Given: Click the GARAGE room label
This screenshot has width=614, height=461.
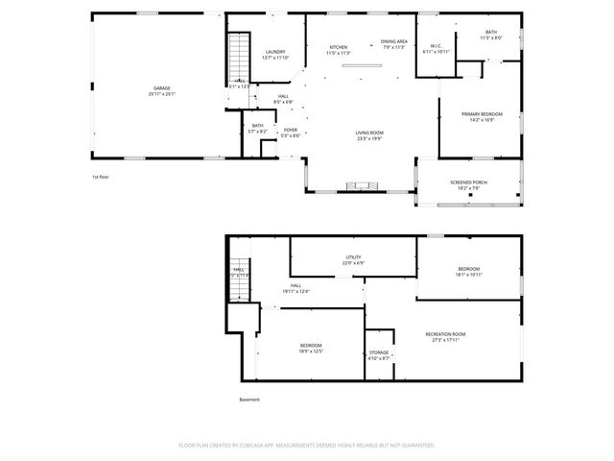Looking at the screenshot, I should (x=161, y=88).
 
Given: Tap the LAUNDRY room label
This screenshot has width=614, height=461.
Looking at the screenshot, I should (x=275, y=52).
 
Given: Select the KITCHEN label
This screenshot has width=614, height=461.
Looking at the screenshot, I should (x=339, y=47).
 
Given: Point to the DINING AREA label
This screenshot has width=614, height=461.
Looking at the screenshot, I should (x=394, y=42).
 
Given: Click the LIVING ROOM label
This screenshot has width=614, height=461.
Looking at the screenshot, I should (x=369, y=133).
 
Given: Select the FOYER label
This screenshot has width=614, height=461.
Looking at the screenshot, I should (x=290, y=131).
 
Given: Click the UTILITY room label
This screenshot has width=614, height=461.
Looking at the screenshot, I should (x=353, y=257).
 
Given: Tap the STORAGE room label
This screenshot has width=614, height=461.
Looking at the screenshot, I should (x=379, y=352).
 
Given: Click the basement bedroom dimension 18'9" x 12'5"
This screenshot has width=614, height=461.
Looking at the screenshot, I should (x=311, y=351).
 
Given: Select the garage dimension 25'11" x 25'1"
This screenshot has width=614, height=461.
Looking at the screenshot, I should (x=161, y=94).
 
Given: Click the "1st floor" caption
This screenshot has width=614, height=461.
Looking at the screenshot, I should (x=101, y=178).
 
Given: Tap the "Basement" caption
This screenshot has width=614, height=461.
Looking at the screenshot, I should (x=249, y=400).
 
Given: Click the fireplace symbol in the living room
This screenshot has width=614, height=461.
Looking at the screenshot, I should (x=362, y=185).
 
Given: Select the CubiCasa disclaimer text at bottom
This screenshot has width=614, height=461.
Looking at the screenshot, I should (x=307, y=445).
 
